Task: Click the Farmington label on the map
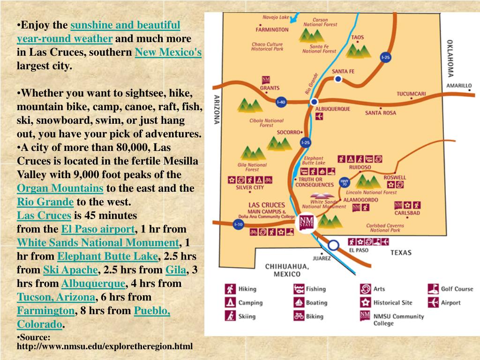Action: [x=272, y=29]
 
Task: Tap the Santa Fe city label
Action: [x=343, y=71]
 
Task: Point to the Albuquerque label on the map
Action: [x=332, y=109]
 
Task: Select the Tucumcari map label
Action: [x=411, y=94]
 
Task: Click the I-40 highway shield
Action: [x=281, y=102]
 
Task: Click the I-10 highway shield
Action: [x=238, y=224]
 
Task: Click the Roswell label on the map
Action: [x=395, y=178]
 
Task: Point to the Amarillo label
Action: [x=458, y=86]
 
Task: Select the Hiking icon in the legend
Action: [x=230, y=289]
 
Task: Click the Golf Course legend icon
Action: [x=433, y=289]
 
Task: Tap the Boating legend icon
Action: [x=299, y=303]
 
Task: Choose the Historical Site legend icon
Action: [x=366, y=303]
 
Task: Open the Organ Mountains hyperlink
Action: [x=60, y=188]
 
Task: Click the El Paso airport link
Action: [x=98, y=229]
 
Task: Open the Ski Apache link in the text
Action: [x=70, y=270]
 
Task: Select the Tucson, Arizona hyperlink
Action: [x=56, y=297]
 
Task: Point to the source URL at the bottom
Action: [x=105, y=346]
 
